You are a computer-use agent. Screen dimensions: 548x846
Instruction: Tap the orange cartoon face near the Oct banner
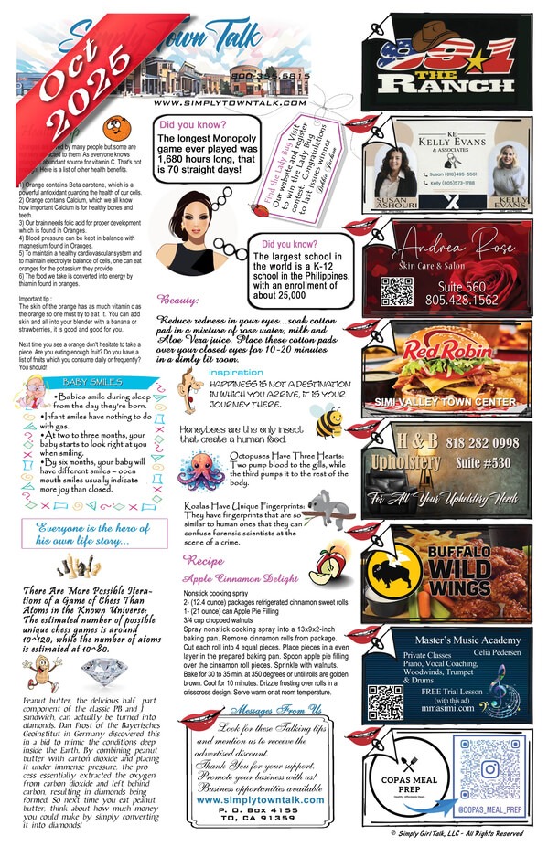(x=114, y=128)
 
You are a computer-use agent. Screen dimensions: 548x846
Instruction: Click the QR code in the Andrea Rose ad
(x=397, y=291)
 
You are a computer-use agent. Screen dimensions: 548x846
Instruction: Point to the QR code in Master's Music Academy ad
(x=385, y=702)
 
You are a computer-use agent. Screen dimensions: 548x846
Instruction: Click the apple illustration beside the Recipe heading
(x=324, y=567)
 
